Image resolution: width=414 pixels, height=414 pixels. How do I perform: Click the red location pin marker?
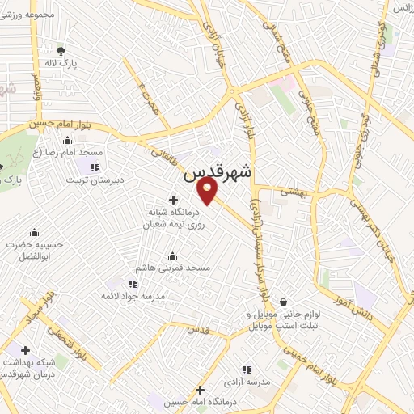click(209, 192)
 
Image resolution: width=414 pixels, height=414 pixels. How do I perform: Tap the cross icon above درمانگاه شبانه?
click(173, 200)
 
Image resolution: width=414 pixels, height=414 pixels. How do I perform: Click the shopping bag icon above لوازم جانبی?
click(284, 302)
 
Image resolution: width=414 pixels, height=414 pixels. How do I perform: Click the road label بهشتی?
click(289, 194)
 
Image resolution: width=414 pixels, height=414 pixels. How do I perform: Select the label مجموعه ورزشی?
click(36, 15)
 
